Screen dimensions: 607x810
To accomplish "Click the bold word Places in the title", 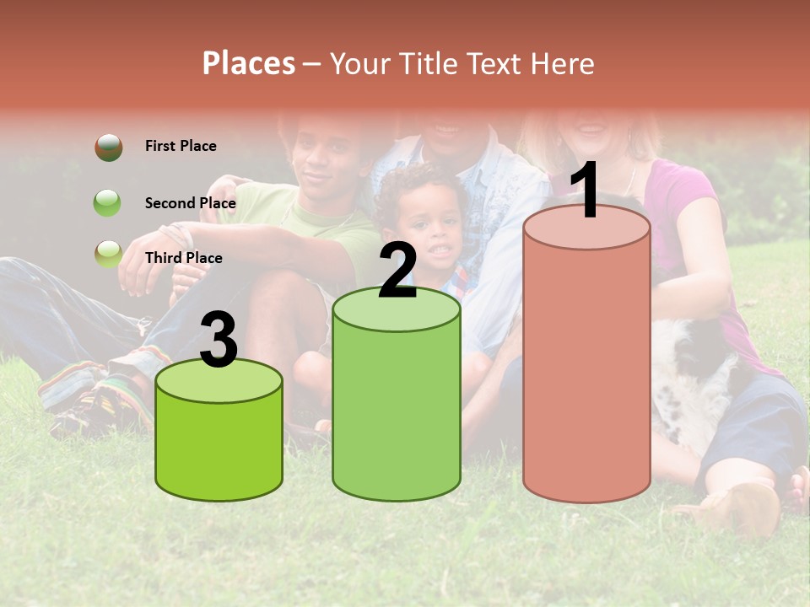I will click(x=249, y=63).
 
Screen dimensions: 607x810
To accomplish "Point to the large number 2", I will click(x=397, y=271).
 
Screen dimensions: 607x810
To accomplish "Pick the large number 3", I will click(x=219, y=341).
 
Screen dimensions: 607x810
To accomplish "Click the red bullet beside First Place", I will click(x=108, y=147).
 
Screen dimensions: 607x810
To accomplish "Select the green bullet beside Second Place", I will click(x=108, y=203).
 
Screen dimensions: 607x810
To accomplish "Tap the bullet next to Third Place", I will click(x=108, y=254).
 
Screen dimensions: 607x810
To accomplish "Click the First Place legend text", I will click(x=181, y=146).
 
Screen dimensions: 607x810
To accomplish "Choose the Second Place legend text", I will click(x=190, y=203).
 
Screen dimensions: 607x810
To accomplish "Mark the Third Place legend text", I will click(x=183, y=258).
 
